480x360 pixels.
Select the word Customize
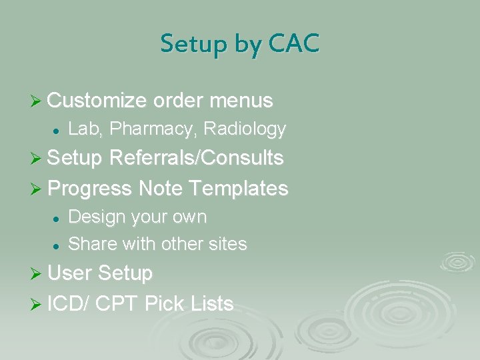coord(97,101)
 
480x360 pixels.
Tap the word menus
coord(241,101)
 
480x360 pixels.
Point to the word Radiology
coord(245,129)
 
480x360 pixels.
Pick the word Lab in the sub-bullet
coord(83,129)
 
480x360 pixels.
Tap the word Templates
coord(239,189)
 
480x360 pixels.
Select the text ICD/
coord(69,305)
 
